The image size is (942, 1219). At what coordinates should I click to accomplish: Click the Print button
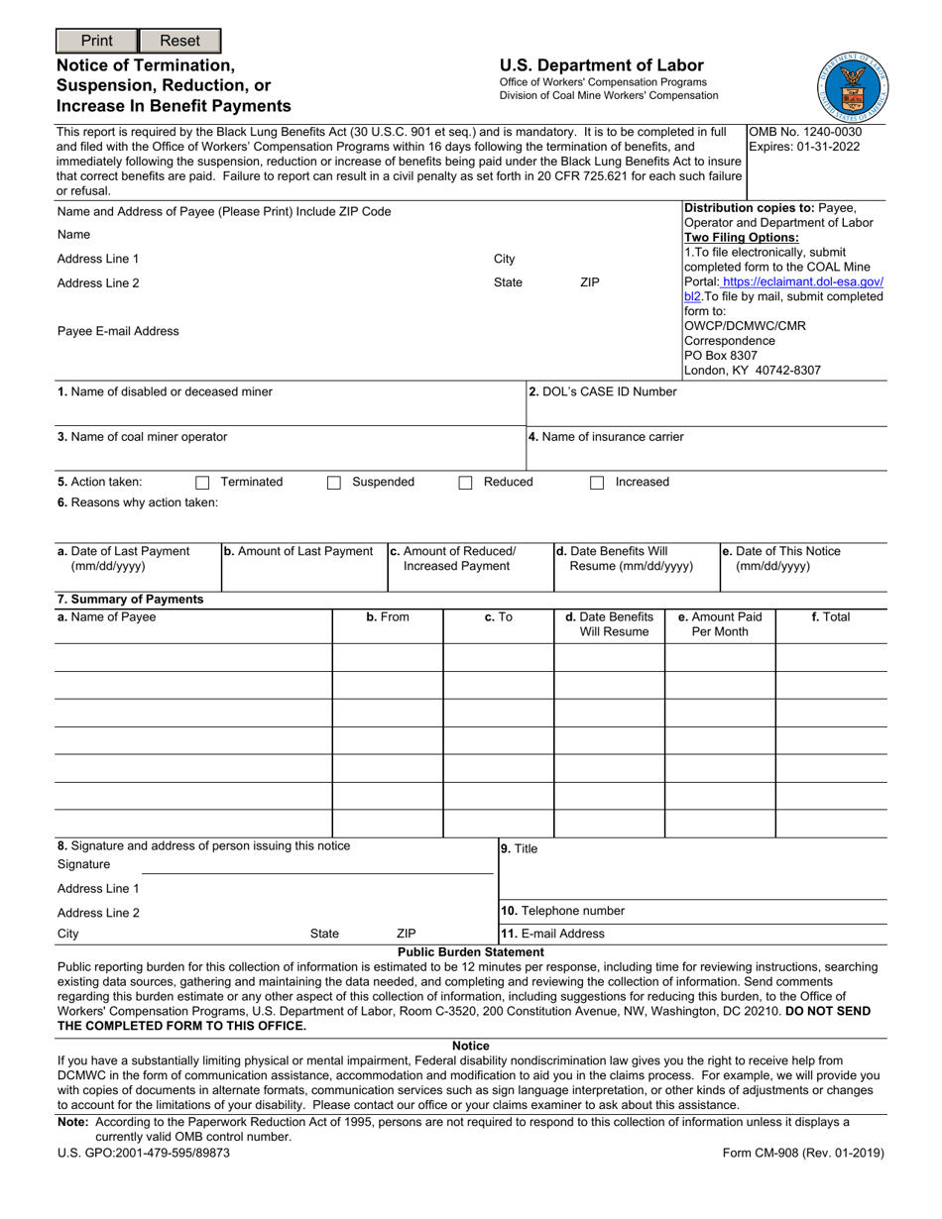(96, 41)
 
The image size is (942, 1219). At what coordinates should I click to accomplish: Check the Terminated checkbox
(202, 483)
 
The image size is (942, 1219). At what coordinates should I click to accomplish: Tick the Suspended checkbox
(334, 483)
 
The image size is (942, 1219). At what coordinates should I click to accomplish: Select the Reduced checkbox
(465, 483)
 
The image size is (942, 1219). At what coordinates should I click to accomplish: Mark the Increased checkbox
(597, 483)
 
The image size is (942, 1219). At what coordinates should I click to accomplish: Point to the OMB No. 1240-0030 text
(805, 132)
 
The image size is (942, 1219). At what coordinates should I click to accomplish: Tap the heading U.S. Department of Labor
(601, 65)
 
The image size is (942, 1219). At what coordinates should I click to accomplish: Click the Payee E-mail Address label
(119, 331)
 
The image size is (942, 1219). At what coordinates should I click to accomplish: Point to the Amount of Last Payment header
(298, 551)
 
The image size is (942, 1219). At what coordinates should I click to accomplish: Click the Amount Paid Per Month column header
(719, 624)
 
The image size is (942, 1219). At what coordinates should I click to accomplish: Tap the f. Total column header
(830, 616)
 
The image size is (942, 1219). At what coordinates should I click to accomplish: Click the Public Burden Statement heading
(471, 951)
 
